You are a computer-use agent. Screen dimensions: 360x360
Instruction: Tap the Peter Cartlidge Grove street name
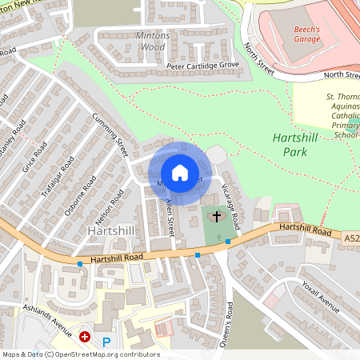[x=202, y=65]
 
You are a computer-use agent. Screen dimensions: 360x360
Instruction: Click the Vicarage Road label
[x=231, y=204]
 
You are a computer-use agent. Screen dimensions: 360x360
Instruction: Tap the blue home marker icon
[x=179, y=172]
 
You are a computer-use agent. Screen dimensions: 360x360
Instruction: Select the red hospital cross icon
[x=84, y=338]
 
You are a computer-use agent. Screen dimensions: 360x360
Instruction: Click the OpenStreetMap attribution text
[x=81, y=354]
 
